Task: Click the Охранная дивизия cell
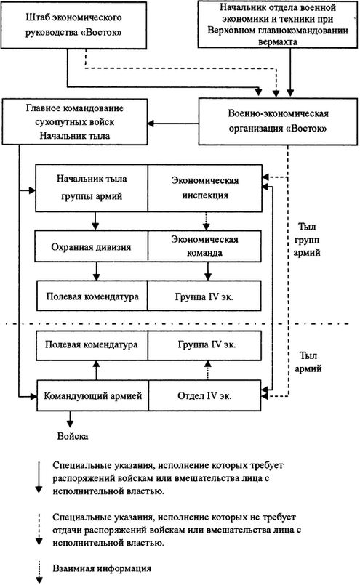[x=92, y=248]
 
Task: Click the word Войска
[x=73, y=437]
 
